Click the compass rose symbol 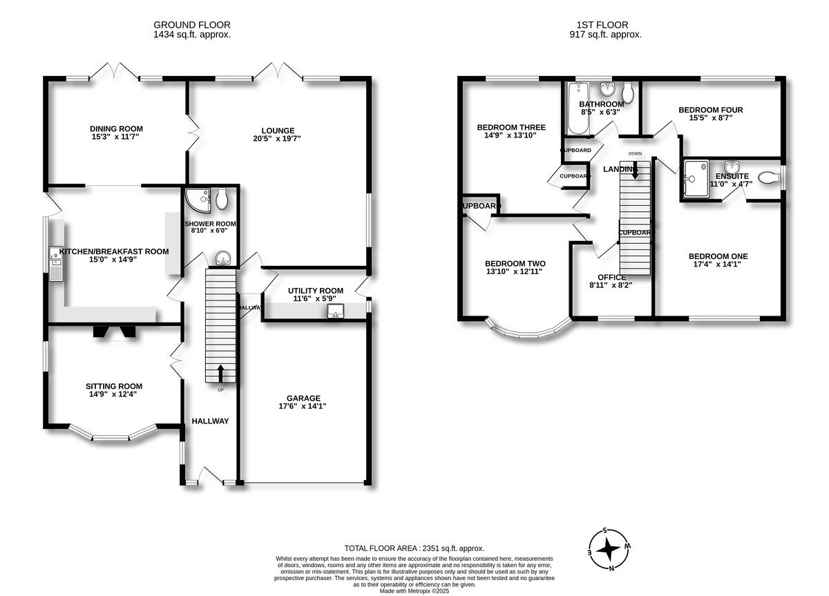pos(609,550)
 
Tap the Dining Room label pos(116,128)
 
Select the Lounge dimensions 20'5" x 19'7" pos(278,139)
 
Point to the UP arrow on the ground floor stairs pos(221,374)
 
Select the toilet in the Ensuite pos(768,178)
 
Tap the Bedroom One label pos(721,256)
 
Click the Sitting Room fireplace pos(115,332)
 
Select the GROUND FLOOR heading pos(191,24)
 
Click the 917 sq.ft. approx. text pos(605,34)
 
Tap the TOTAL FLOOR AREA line pos(414,548)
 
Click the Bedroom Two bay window pos(528,334)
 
